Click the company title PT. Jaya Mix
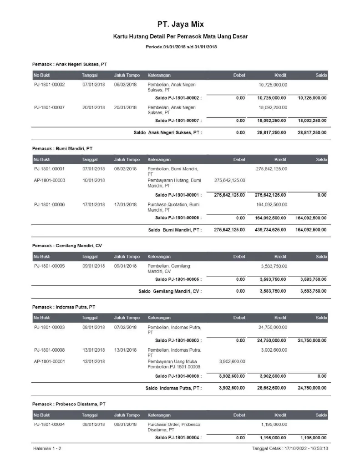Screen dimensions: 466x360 [180, 24]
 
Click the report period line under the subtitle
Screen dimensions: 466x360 [180, 47]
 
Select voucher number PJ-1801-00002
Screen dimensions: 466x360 [49, 85]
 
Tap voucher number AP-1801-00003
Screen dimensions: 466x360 [49, 180]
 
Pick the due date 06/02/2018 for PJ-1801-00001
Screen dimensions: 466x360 [125, 169]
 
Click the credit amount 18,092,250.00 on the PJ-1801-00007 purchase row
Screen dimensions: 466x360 [272, 107]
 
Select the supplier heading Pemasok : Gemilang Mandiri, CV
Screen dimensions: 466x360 [67, 246]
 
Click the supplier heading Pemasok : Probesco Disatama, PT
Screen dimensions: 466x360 [69, 404]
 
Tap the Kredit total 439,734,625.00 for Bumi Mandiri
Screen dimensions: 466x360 [270, 230]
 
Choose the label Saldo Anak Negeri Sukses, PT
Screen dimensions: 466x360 [167, 133]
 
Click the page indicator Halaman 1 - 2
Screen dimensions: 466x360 [47, 449]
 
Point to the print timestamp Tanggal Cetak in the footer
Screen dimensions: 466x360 [290, 449]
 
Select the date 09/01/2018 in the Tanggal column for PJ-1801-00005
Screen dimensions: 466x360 [94, 266]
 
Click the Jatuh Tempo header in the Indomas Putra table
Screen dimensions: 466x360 [127, 318]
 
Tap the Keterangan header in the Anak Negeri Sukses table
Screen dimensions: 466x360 [159, 75]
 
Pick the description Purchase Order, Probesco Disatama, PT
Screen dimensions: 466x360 [174, 426]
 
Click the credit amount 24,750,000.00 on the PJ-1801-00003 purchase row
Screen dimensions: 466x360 [272, 327]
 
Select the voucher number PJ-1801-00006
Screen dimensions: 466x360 [49, 205]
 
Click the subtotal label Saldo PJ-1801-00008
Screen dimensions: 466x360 [178, 376]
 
